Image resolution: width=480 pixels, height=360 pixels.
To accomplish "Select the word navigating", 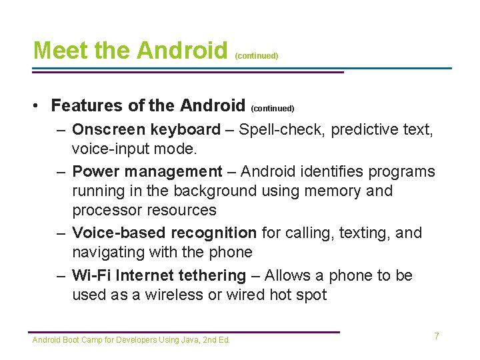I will (x=107, y=252).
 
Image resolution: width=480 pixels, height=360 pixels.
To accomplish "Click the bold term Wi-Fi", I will (x=91, y=275).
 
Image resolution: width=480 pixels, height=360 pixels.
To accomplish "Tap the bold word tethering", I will (x=213, y=275).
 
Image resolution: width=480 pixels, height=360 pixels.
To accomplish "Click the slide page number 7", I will (x=437, y=336).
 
